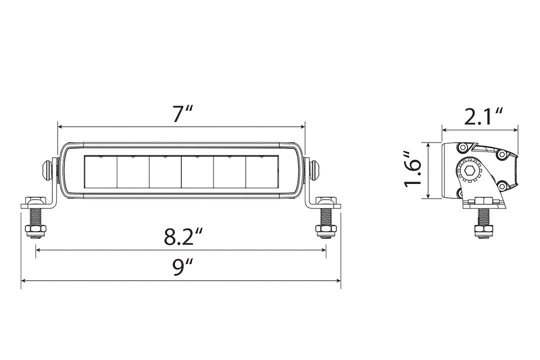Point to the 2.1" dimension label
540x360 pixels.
pos(482,117)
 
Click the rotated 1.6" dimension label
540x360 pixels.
pos(414,170)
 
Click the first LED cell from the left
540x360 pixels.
pos(100,171)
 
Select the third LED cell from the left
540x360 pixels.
pos(165,171)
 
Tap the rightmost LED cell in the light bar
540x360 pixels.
pos(261,171)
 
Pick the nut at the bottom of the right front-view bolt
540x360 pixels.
pos(325,229)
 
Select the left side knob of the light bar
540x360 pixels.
pos(46,169)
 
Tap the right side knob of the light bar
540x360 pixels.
pos(315,169)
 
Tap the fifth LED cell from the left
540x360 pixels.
pos(229,171)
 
